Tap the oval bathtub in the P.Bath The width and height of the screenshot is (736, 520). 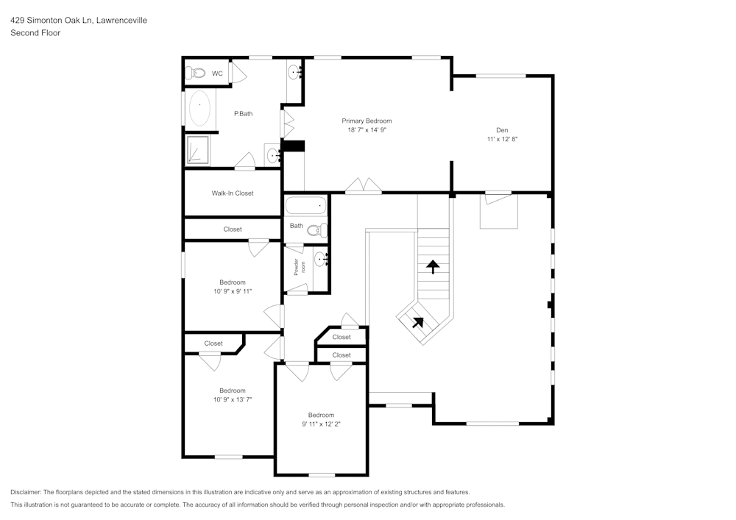(199, 110)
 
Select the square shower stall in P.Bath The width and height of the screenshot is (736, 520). (197, 150)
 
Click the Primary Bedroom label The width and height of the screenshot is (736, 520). (367, 121)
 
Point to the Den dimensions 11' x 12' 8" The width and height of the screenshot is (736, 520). (502, 138)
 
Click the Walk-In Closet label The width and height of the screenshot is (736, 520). (233, 193)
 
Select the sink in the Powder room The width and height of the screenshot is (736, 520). (320, 258)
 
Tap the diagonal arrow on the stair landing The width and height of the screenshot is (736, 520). (417, 321)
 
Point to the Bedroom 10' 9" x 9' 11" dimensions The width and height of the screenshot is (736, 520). (233, 291)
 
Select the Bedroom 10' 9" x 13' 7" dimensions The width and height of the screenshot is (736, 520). (233, 399)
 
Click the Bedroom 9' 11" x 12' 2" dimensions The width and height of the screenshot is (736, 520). (321, 424)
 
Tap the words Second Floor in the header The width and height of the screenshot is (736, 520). (35, 33)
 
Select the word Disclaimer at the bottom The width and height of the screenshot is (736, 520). (26, 492)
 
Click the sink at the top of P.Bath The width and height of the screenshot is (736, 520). (294, 71)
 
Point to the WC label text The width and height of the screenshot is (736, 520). (217, 74)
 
